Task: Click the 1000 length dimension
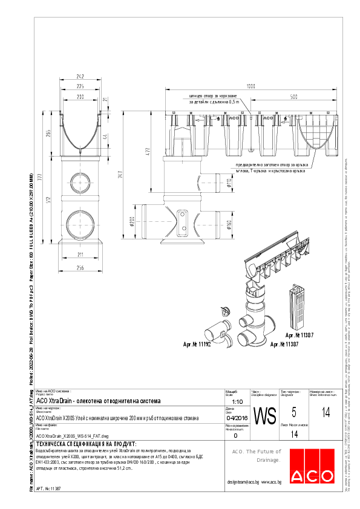click(x=250, y=86)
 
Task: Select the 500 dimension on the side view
click(x=293, y=96)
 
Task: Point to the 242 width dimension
click(x=80, y=76)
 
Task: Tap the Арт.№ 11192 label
click(x=200, y=345)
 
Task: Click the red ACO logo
click(x=309, y=466)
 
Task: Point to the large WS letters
click(x=264, y=417)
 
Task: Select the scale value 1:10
click(x=237, y=401)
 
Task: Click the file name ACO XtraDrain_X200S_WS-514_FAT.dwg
click(x=72, y=435)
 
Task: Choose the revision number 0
click(x=235, y=434)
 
